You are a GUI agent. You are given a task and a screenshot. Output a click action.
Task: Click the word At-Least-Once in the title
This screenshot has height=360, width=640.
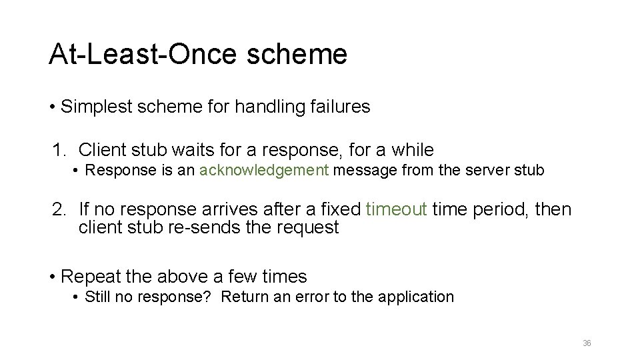pyautogui.click(x=136, y=54)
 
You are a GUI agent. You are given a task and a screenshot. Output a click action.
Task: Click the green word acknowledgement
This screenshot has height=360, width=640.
pyautogui.click(x=263, y=170)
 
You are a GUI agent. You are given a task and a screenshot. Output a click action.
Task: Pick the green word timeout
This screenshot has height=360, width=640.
pyautogui.click(x=397, y=210)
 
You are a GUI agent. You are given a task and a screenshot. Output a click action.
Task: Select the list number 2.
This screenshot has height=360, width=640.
pyautogui.click(x=59, y=210)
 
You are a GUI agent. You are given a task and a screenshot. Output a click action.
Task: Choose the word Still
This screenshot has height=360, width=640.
pyautogui.click(x=100, y=297)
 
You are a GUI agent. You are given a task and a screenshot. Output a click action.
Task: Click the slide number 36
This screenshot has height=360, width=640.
pyautogui.click(x=587, y=343)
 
